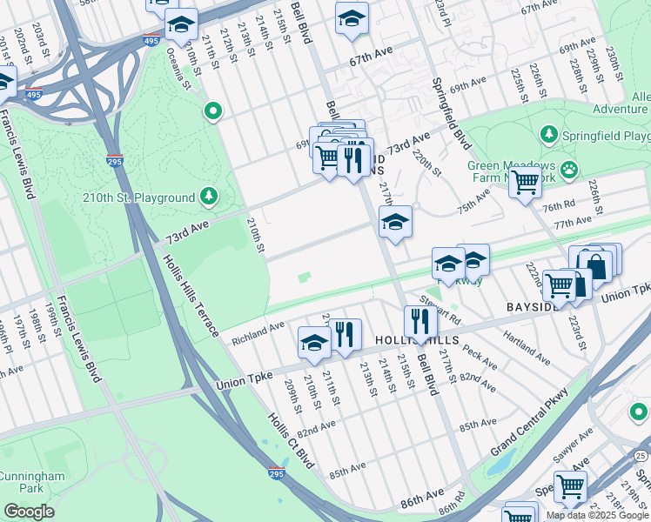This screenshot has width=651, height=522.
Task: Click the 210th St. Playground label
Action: [138, 197]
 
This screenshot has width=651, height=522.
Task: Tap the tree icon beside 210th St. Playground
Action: [209, 197]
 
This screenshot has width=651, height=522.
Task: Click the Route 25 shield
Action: [641, 454]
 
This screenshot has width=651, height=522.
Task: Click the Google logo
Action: [29, 512]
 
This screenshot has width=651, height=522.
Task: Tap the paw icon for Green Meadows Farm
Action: [569, 169]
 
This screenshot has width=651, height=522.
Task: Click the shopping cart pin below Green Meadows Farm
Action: [525, 184]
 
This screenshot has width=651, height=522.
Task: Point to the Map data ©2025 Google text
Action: [596, 514]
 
